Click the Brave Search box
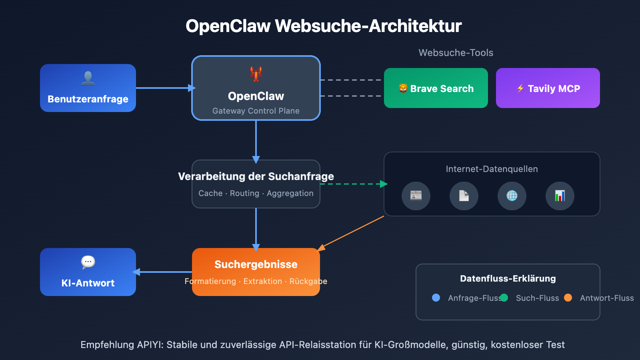[436, 88]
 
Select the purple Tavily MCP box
[548, 88]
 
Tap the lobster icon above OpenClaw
[256, 74]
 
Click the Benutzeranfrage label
[88, 99]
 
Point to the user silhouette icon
[88, 78]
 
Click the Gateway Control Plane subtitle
[256, 111]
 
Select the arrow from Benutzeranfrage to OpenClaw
[164, 88]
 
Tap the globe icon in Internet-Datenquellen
[512, 196]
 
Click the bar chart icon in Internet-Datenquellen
[560, 196]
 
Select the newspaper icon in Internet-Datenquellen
[416, 196]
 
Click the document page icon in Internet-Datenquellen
[464, 196]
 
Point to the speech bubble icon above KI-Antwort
[88, 262]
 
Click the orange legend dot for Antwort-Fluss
[568, 298]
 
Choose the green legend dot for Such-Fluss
[504, 298]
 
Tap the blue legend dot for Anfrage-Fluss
[436, 298]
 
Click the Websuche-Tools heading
[456, 53]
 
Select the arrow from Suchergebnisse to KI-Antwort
[164, 272]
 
